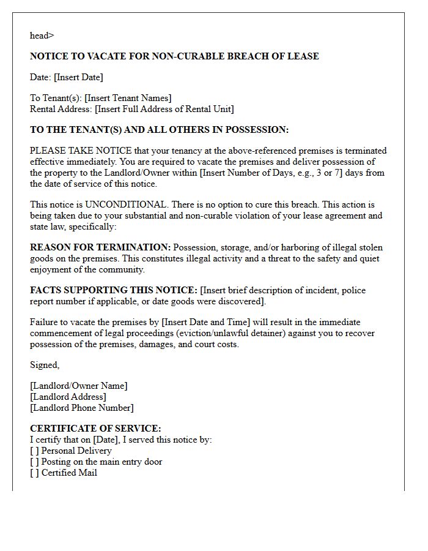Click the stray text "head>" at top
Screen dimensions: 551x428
pos(42,36)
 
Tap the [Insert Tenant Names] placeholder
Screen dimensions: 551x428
pos(128,98)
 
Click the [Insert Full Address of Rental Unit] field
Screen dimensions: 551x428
pos(164,109)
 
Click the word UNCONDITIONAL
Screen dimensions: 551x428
pos(125,204)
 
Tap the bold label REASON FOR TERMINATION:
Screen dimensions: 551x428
pos(100,247)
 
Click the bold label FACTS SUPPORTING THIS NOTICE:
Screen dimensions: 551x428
pos(114,290)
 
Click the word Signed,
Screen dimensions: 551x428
pos(45,365)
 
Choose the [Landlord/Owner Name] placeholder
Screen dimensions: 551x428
pos(79,386)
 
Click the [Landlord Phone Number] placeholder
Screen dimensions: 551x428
pos(82,408)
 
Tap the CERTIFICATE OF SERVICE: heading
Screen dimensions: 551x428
pos(95,429)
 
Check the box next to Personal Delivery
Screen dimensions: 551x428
pos(34,451)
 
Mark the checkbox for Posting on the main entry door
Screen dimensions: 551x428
pos(34,462)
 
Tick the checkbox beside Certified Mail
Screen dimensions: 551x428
pos(34,473)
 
